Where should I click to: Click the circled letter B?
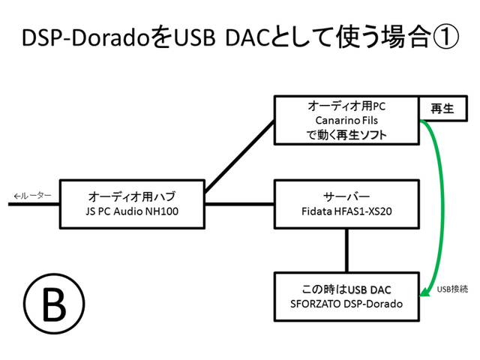(x=54, y=304)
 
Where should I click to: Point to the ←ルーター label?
(x=32, y=196)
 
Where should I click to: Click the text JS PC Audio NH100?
(x=132, y=211)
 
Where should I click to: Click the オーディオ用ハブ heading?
(x=132, y=196)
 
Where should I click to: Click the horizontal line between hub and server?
(x=239, y=203)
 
